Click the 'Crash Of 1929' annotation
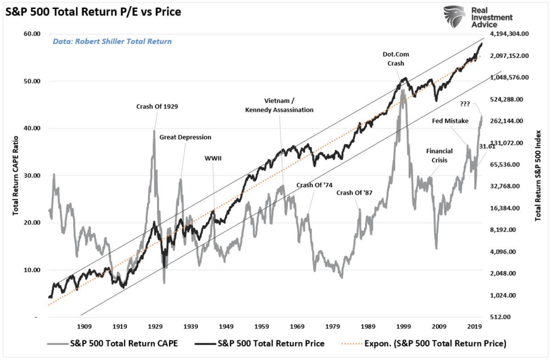[x=157, y=107]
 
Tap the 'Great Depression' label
[x=185, y=137]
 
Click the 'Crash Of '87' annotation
[x=354, y=193]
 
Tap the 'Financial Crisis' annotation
[x=439, y=155]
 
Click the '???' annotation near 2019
[x=465, y=104]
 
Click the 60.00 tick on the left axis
[x=32, y=34]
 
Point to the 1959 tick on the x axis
[x=262, y=327]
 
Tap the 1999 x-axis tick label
[x=404, y=327]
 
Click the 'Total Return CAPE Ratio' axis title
[x=16, y=175]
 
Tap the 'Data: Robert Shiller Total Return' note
[x=112, y=41]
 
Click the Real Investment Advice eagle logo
[x=454, y=17]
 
